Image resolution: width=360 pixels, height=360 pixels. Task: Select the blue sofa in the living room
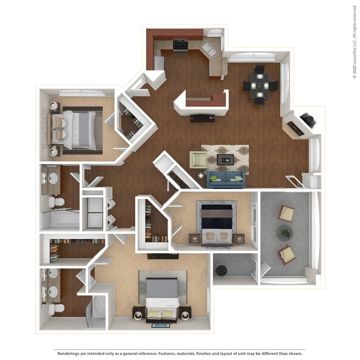[x=226, y=180]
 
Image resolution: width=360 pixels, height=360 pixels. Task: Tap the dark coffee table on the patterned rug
[x=225, y=160]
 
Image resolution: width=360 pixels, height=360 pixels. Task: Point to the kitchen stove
[x=180, y=44]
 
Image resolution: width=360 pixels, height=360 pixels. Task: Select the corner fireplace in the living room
[x=308, y=121]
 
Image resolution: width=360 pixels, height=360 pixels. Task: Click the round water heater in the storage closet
[x=221, y=270]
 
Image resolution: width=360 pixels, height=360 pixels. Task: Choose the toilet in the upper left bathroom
[x=56, y=202]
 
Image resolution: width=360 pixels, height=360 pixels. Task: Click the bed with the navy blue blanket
[x=217, y=222]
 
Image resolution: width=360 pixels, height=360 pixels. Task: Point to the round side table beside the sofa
[x=201, y=175]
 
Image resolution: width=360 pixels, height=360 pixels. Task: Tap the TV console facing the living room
[x=203, y=118]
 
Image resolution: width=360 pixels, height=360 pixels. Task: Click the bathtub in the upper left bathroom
[x=60, y=221]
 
